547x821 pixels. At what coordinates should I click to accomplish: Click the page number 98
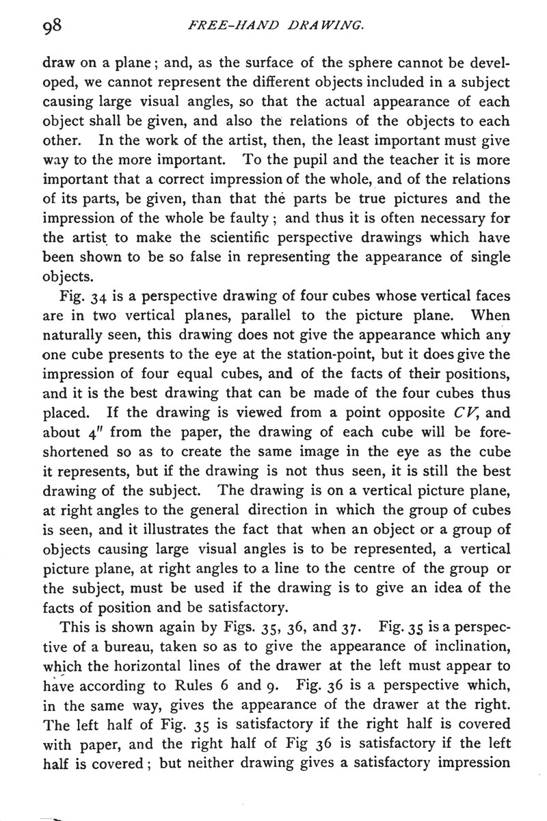[52, 27]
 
